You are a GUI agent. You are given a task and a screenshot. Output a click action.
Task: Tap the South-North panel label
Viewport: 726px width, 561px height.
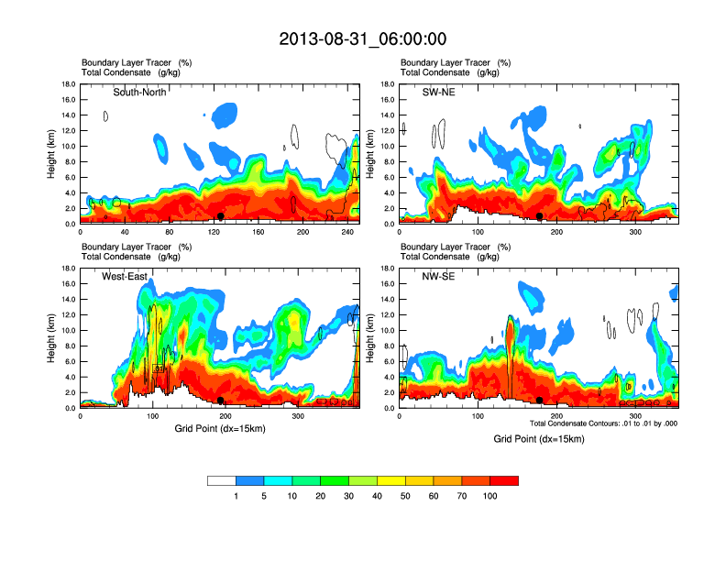[x=139, y=93]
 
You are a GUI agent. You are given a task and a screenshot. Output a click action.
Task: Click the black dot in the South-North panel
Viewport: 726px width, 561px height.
[x=221, y=215]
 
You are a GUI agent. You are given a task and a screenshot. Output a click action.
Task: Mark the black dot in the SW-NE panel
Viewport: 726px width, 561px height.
[x=540, y=215]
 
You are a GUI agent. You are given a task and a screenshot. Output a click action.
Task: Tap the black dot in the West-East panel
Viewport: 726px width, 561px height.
[x=221, y=400]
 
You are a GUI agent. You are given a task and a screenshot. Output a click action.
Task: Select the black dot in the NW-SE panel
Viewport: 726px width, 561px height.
[x=540, y=400]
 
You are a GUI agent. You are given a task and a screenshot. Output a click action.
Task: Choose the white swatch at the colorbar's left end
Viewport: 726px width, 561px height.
[x=221, y=480]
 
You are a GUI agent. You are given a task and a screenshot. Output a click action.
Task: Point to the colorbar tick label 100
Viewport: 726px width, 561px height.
[x=490, y=496]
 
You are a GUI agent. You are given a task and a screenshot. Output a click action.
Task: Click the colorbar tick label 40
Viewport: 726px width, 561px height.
[x=377, y=496]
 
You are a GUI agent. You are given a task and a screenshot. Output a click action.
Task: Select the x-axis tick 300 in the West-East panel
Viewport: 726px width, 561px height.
[x=298, y=416]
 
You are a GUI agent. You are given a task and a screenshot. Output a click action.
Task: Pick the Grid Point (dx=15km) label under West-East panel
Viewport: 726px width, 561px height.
[x=220, y=428]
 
